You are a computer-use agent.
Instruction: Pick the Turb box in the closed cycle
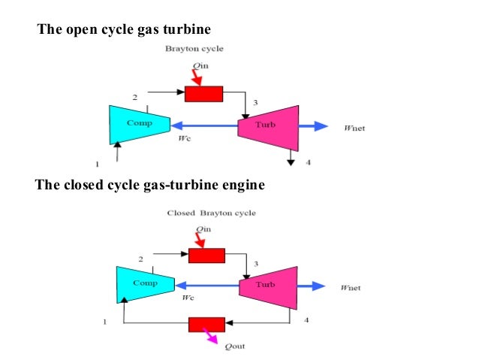pos(267,285)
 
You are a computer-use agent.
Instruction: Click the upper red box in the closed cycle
pos(206,256)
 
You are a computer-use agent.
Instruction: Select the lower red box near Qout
pos(206,324)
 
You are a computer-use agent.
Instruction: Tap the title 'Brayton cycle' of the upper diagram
pos(194,49)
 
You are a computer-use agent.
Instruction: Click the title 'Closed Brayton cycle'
pos(211,213)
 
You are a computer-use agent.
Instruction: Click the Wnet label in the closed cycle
pos(351,287)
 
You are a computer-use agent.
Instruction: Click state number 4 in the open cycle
pos(307,162)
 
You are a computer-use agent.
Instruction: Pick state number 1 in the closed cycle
pos(104,322)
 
